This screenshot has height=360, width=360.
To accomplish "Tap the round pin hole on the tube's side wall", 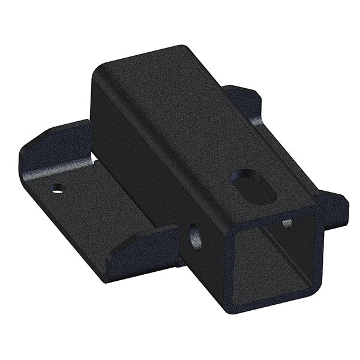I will [194, 235].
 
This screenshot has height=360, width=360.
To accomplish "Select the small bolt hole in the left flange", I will [57, 191].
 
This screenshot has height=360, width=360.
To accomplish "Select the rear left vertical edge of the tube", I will [93, 114].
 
